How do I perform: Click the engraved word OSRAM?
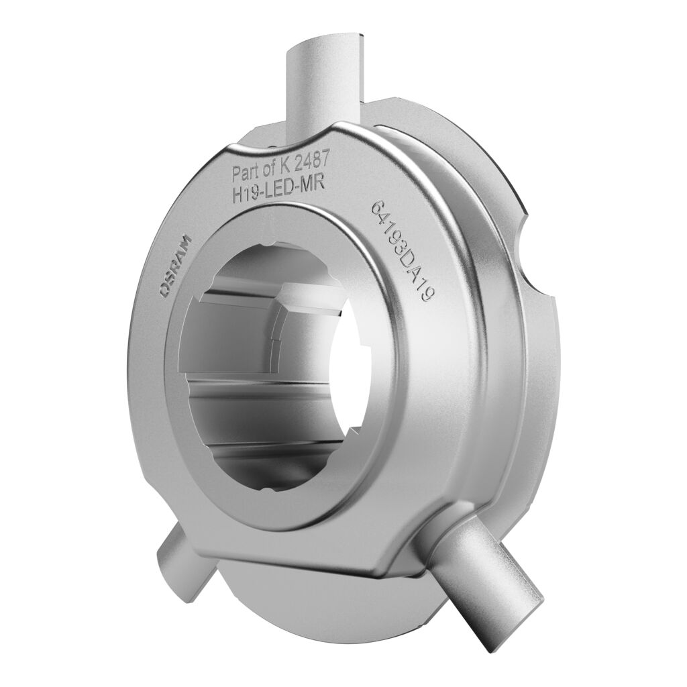pos(176,266)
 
